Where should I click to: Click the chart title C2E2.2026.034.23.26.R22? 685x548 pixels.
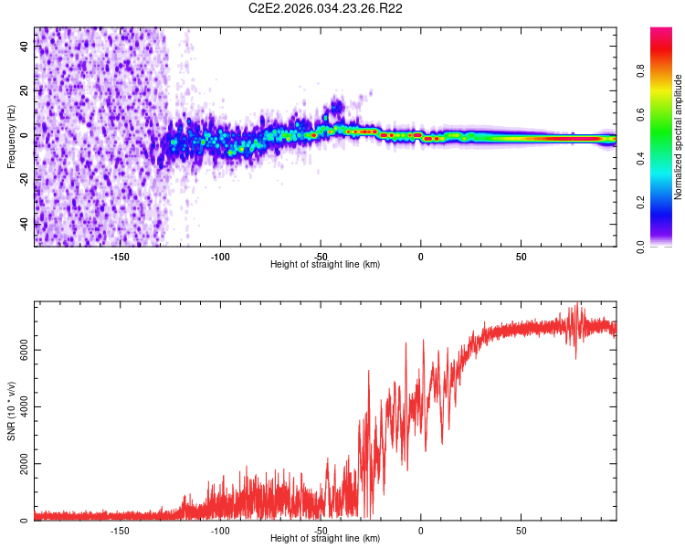pyautogui.click(x=326, y=8)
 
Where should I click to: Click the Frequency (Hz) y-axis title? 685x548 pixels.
pyautogui.click(x=11, y=136)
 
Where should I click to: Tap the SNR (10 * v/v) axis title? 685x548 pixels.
pyautogui.click(x=11, y=412)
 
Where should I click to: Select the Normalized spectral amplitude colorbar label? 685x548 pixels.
pyautogui.click(x=679, y=137)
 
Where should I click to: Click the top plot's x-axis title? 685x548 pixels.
pyautogui.click(x=325, y=264)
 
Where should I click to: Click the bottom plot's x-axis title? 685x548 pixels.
pyautogui.click(x=325, y=538)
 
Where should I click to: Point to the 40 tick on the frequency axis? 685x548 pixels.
pyautogui.click(x=25, y=47)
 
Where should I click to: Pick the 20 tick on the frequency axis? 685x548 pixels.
pyautogui.click(x=25, y=91)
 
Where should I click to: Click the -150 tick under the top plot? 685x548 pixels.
pyautogui.click(x=120, y=256)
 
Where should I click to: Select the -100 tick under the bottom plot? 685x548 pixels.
pyautogui.click(x=220, y=530)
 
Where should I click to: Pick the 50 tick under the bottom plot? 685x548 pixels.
pyautogui.click(x=521, y=530)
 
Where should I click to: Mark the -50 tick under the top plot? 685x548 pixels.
pyautogui.click(x=321, y=256)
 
